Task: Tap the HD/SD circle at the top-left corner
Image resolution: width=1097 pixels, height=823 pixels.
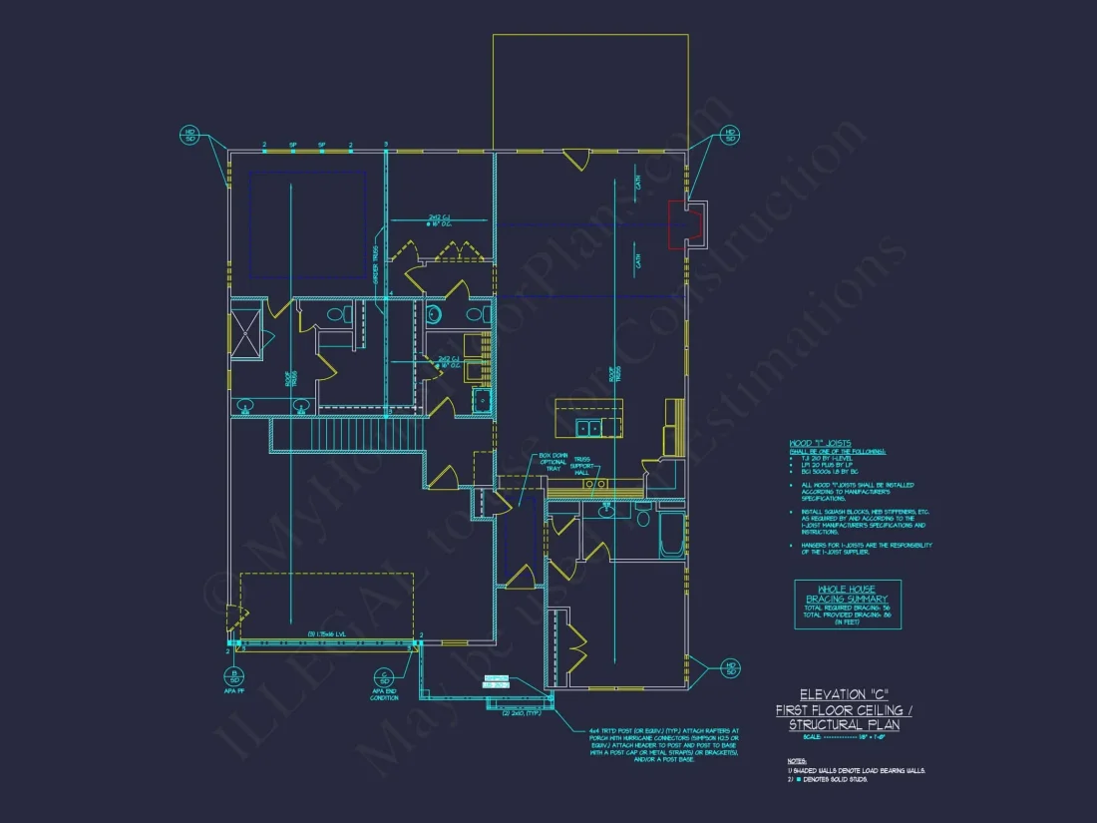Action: coord(189,135)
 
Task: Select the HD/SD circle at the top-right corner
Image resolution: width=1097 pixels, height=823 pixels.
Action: coord(730,135)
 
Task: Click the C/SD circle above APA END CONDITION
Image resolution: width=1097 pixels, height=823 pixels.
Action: coord(384,677)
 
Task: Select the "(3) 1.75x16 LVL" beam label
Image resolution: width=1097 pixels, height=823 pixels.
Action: coord(327,634)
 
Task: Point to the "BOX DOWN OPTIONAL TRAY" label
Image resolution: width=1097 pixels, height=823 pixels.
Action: coord(526,463)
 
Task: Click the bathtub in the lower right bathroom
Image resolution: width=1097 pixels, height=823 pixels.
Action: coord(672,536)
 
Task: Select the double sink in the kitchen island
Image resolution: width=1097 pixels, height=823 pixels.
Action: coord(589,427)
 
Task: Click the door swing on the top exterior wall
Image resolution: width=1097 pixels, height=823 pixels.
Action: coord(575,158)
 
